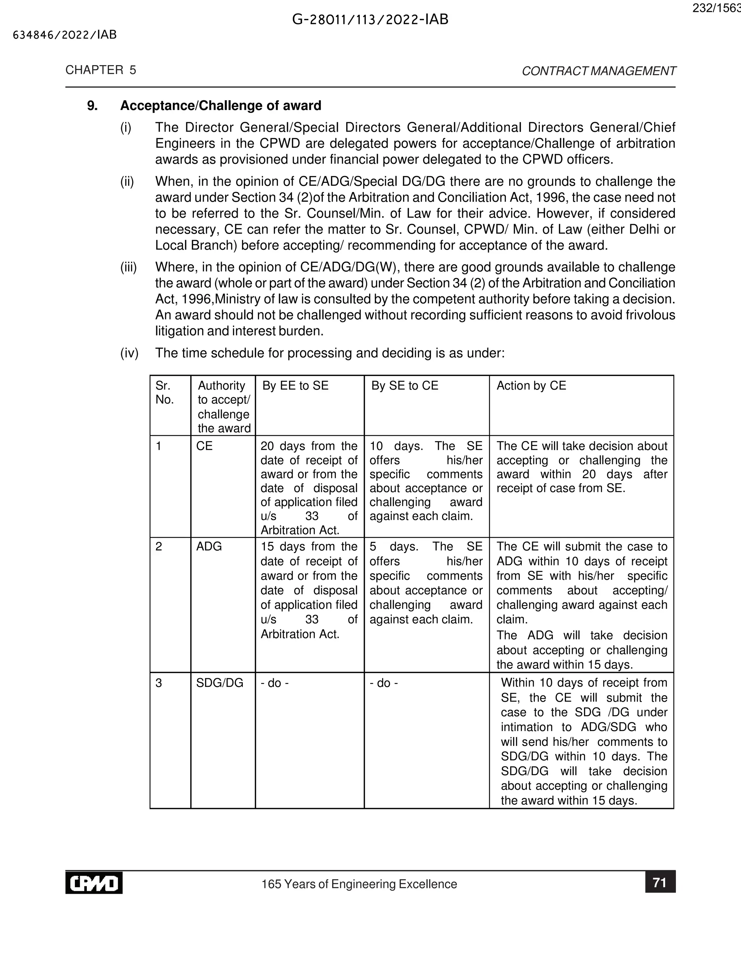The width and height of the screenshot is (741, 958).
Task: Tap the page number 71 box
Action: click(660, 882)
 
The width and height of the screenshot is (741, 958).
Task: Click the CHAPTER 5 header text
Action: click(101, 70)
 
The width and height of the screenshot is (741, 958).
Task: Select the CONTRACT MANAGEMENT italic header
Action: click(598, 71)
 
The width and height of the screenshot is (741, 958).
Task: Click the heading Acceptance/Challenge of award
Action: click(220, 106)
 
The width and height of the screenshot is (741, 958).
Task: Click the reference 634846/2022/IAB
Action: click(65, 35)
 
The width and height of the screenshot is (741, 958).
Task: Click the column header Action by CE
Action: click(531, 386)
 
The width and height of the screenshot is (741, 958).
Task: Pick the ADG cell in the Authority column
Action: click(209, 547)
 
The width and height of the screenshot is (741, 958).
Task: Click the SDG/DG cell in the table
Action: click(220, 683)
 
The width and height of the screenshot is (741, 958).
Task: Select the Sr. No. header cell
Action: click(165, 393)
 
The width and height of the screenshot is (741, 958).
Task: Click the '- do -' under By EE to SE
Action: click(274, 683)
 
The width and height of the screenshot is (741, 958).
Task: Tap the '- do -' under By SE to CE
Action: click(384, 683)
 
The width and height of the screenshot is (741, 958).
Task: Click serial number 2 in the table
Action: click(159, 547)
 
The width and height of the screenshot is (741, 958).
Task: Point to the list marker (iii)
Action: click(128, 267)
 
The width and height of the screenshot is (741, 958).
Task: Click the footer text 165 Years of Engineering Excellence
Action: click(359, 884)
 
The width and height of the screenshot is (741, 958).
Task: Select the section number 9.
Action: click(92, 106)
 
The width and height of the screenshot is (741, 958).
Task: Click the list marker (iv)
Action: click(129, 353)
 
